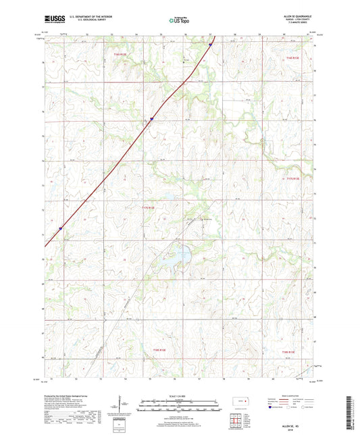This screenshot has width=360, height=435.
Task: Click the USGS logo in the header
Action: (x=54, y=20)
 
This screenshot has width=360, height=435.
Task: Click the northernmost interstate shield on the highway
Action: (x=210, y=45)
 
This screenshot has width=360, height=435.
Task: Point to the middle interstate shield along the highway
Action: (x=151, y=119)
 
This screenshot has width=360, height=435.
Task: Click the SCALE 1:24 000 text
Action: (x=180, y=396)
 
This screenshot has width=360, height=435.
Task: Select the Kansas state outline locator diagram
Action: (x=236, y=403)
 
